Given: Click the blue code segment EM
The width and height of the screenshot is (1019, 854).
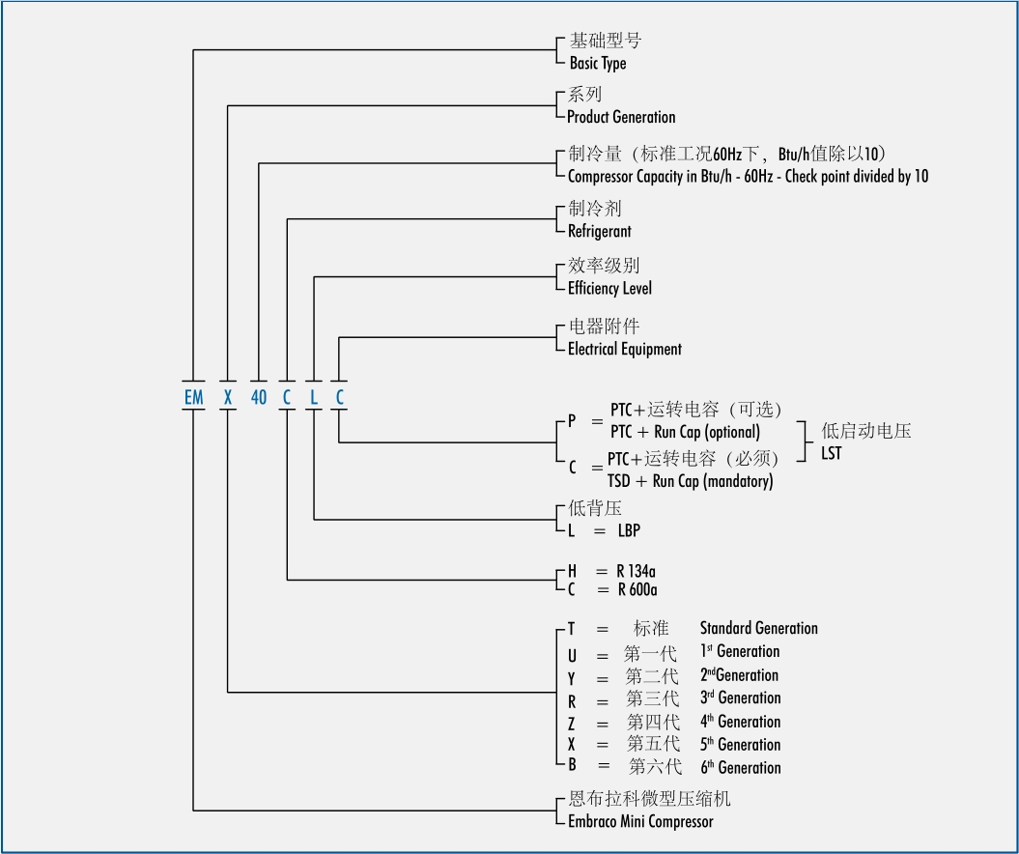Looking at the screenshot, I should (193, 396).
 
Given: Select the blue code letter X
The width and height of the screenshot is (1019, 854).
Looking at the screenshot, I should (228, 396).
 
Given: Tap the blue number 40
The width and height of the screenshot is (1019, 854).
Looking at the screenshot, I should (259, 396).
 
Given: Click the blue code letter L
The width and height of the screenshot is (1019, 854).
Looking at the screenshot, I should (314, 396).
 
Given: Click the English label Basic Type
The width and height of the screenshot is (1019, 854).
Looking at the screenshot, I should (597, 64).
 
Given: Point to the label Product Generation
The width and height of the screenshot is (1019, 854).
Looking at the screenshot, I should (621, 117).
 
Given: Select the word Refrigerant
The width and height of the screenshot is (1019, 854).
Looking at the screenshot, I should (599, 232).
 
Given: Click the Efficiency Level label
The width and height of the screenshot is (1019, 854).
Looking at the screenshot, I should (609, 288).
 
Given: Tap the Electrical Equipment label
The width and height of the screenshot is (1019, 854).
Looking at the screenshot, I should (624, 349).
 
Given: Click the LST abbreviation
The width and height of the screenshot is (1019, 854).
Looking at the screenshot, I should (831, 453).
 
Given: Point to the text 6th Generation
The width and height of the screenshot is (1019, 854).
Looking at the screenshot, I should (741, 768).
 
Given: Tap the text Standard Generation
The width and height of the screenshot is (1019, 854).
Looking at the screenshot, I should (758, 628).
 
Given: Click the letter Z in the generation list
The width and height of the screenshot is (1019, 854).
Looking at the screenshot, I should (572, 722).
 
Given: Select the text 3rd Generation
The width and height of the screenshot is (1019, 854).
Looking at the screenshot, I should (741, 698).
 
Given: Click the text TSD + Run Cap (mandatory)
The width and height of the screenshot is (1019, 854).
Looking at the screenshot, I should (690, 481).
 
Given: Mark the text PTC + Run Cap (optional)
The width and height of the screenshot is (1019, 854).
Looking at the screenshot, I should (685, 432).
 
